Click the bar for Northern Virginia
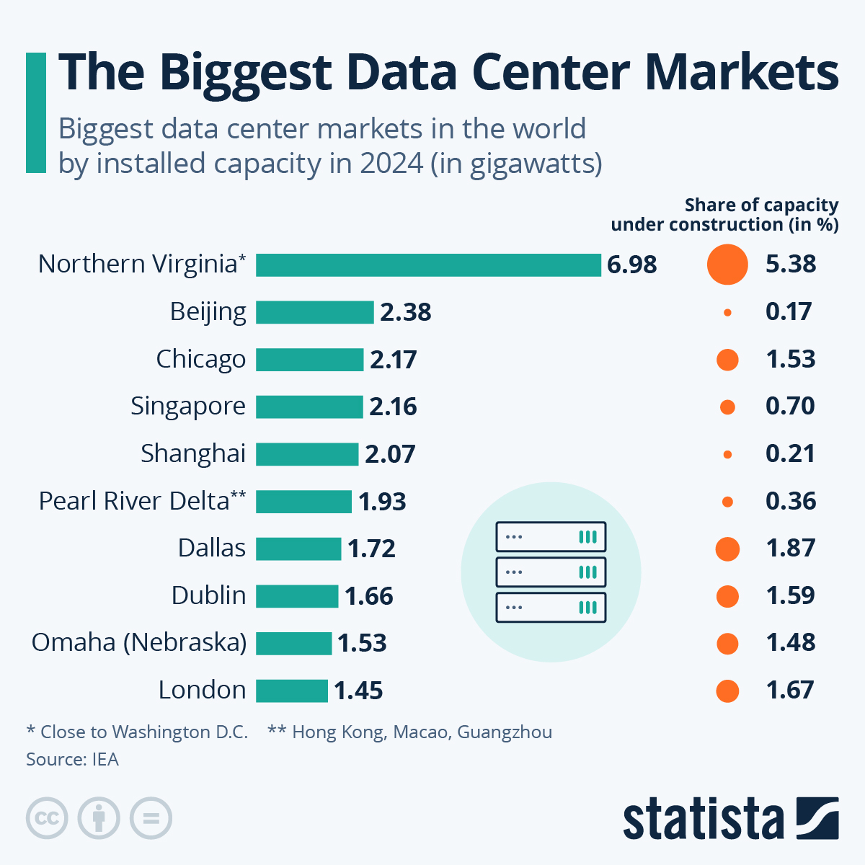pos(428,265)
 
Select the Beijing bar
pos(314,312)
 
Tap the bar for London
pos(292,691)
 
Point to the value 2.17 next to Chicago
pos(393,360)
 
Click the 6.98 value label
pos(631,265)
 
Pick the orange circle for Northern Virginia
pos(727,265)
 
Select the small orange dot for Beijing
pos(727,312)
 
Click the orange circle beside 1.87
pos(727,549)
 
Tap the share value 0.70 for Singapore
pos(790,407)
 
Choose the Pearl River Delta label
pos(142,500)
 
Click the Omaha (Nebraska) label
pos(138,642)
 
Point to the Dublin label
pos(208,595)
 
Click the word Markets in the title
pos(741,72)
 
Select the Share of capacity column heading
pos(724,215)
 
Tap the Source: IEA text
pos(72,759)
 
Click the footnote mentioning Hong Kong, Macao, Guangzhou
pos(409,732)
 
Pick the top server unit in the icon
pos(551,537)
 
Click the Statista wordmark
pos(703,819)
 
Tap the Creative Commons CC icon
pos(47,819)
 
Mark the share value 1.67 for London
pos(790,691)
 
